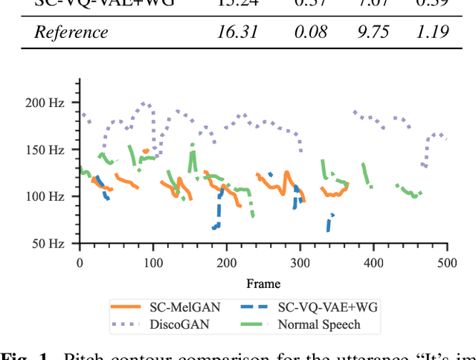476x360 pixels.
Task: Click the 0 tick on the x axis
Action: pos(80,263)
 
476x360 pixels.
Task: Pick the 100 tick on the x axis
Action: pos(153,263)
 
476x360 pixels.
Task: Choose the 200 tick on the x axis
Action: pos(227,263)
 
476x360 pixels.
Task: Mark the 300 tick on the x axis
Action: pos(300,263)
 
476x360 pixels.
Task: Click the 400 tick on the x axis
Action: pos(373,263)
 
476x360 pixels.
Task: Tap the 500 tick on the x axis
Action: pos(446,263)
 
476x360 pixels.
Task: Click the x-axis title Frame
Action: pos(263,283)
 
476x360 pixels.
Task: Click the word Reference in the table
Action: pos(71,32)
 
